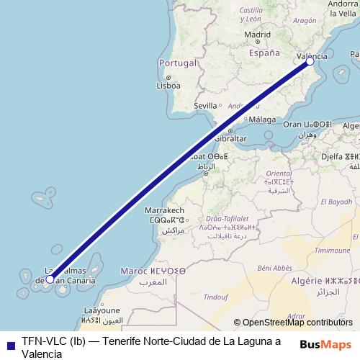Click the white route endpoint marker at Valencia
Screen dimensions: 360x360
[310, 62]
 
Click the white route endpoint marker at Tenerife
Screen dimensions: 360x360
[50, 279]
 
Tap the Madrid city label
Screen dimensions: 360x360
[257, 34]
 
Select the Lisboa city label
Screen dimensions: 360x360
[168, 85]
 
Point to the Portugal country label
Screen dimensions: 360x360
[176, 63]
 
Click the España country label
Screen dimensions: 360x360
[264, 53]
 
